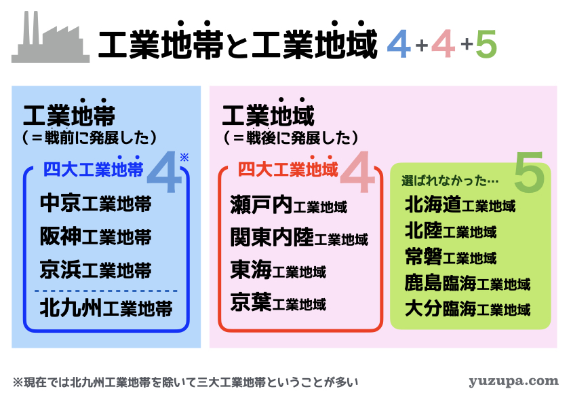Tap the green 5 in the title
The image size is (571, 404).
tap(486, 44)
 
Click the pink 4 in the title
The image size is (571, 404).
tap(444, 44)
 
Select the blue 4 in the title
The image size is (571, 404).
tap(399, 44)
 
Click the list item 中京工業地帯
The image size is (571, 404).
tap(96, 203)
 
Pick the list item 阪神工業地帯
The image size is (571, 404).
tap(96, 236)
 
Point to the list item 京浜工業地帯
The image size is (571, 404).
tap(96, 270)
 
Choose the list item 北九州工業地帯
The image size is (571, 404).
tap(106, 308)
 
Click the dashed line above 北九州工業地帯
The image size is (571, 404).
tap(106, 291)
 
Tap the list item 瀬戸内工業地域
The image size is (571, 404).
tap(288, 204)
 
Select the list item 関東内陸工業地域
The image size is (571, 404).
tap(299, 237)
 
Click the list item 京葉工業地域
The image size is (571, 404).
tap(278, 302)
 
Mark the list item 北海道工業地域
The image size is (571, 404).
tap(460, 204)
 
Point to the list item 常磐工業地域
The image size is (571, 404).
tap(451, 257)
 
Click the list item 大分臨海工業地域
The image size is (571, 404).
tap(467, 308)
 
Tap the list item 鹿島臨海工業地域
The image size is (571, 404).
tap(467, 282)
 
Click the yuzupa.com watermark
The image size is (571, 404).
tap(513, 382)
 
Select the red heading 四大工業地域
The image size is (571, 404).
tap(288, 169)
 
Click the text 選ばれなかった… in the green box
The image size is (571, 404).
tap(450, 181)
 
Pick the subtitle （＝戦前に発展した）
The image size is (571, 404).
tap(90, 137)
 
